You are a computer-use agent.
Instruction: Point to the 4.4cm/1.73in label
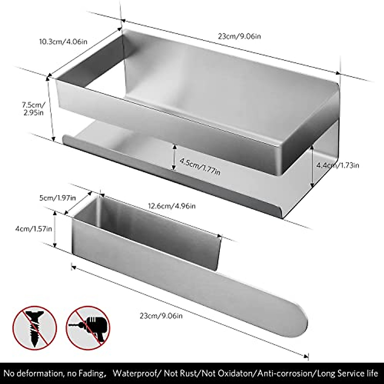pos(338,165)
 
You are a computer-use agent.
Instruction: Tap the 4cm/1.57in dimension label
pos(33,229)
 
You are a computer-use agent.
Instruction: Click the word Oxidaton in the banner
pos(236,373)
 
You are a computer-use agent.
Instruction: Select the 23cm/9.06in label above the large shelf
pos(239,36)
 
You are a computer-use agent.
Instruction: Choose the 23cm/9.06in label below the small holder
pos(161,316)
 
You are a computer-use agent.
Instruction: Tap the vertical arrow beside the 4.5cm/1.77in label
pos(174,157)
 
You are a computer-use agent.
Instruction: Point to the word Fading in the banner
pos(91,373)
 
